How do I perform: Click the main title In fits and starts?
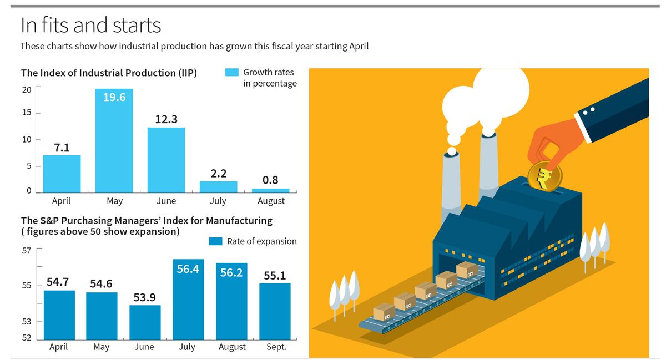pyautogui.click(x=90, y=25)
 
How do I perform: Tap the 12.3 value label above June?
pyautogui.click(x=166, y=119)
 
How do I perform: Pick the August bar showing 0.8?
pyautogui.click(x=270, y=190)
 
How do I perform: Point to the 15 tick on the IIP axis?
pyautogui.click(x=27, y=113)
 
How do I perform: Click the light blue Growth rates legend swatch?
pyautogui.click(x=232, y=73)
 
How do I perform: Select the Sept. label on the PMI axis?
pyautogui.click(x=276, y=347)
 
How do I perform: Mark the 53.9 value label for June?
pyautogui.click(x=144, y=297)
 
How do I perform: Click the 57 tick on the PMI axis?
pyautogui.click(x=27, y=251)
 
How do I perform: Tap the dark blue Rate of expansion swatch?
pyautogui.click(x=215, y=241)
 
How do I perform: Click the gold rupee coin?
pyautogui.click(x=544, y=176)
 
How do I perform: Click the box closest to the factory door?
pyautogui.click(x=467, y=270)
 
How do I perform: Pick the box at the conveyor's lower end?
pyautogui.click(x=384, y=312)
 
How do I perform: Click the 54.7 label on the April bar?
pyautogui.click(x=58, y=282)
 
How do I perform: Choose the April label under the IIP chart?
pyautogui.click(x=61, y=201)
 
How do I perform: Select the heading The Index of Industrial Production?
pyautogui.click(x=109, y=73)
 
